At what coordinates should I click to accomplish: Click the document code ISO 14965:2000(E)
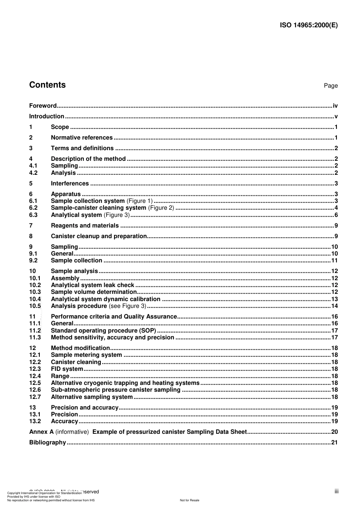(x=308, y=25)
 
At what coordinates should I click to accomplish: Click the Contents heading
(x=47, y=85)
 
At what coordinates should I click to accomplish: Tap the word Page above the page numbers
(x=330, y=86)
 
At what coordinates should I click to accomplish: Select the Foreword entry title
(x=43, y=106)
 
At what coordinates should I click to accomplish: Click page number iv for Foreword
(x=335, y=106)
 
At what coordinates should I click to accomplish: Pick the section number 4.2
(x=33, y=173)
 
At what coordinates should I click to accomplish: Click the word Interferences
(x=70, y=184)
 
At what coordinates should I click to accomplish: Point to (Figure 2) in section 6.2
(x=161, y=208)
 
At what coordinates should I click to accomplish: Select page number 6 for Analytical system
(x=336, y=215)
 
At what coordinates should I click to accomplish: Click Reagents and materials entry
(x=85, y=226)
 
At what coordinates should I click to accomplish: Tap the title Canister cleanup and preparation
(x=99, y=236)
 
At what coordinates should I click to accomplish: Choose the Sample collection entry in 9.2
(x=77, y=260)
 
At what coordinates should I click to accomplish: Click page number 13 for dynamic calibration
(x=334, y=299)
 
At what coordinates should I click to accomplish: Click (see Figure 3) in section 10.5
(x=127, y=306)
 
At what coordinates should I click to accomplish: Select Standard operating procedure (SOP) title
(x=103, y=331)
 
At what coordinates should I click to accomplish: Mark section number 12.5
(x=35, y=383)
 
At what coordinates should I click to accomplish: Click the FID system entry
(x=67, y=369)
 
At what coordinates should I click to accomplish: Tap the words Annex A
(x=41, y=432)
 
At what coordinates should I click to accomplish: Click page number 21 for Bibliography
(x=334, y=443)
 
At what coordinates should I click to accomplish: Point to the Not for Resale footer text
(x=189, y=500)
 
